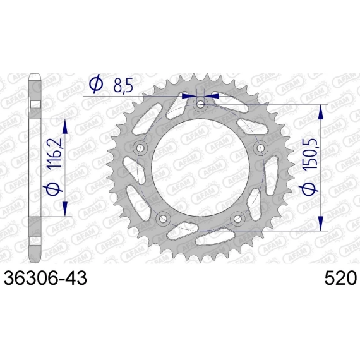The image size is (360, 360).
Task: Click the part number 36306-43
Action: [x=45, y=278]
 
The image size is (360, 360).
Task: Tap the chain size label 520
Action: [x=340, y=278]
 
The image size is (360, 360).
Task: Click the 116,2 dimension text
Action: [x=55, y=153]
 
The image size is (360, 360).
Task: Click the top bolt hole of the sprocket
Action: [x=201, y=105]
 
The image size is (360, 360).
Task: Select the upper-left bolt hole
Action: [x=140, y=148]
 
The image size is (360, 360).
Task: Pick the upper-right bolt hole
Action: [x=260, y=148]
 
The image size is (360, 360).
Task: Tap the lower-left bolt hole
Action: [x=163, y=218]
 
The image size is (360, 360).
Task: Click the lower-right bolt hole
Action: [x=237, y=218]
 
